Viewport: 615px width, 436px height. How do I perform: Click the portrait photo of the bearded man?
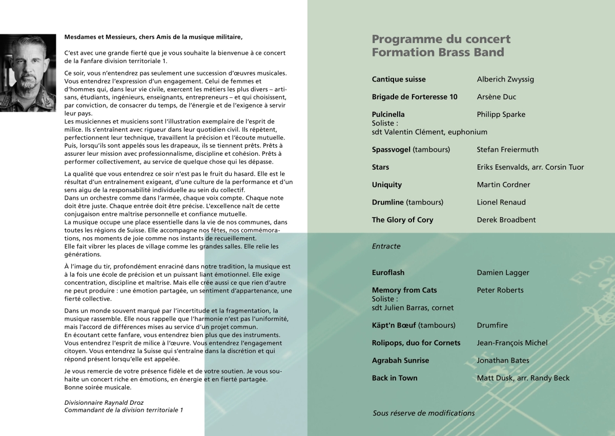point(28,73)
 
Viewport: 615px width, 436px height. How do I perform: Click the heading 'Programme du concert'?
point(441,39)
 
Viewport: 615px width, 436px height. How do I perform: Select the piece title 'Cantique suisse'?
point(399,79)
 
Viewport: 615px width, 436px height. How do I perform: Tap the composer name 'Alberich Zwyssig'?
point(505,79)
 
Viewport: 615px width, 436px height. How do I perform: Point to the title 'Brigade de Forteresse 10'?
point(415,97)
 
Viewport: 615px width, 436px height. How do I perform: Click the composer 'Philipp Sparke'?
point(501,114)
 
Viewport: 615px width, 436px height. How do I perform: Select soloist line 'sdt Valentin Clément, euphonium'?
point(429,132)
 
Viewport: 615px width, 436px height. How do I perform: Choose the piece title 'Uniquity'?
point(387,184)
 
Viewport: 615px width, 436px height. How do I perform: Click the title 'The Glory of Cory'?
point(402,220)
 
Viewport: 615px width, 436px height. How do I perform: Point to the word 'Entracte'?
point(386,246)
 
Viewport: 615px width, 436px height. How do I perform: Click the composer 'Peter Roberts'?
point(500,290)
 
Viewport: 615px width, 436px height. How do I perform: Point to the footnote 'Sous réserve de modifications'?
point(424,413)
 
